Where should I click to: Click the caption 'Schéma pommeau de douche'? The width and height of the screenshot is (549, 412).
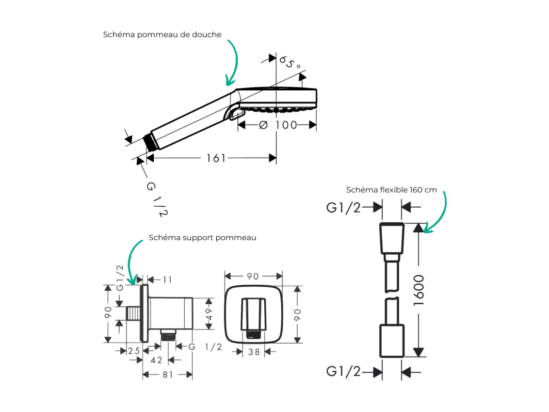click(x=162, y=34)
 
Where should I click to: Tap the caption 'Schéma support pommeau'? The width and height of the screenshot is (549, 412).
click(x=202, y=238)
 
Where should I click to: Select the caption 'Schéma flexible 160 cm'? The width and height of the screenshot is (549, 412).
click(x=391, y=190)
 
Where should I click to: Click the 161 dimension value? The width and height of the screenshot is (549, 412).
click(x=216, y=158)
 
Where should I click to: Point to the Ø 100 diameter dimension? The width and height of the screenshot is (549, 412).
click(x=278, y=125)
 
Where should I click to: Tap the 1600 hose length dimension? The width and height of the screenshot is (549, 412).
click(x=419, y=290)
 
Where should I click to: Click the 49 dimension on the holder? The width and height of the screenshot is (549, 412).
click(x=209, y=314)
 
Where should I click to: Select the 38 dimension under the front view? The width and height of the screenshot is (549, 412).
click(x=254, y=352)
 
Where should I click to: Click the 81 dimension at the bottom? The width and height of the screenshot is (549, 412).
click(x=168, y=375)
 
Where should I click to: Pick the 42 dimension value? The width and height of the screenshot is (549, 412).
click(x=156, y=360)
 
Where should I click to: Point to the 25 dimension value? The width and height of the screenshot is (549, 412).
click(x=134, y=351)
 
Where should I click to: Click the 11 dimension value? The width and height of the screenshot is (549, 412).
click(x=167, y=280)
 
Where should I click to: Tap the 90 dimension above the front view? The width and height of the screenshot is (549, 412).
click(x=253, y=277)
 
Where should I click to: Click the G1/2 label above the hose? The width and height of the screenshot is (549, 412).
click(x=343, y=208)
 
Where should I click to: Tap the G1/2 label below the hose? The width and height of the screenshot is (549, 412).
click(x=343, y=371)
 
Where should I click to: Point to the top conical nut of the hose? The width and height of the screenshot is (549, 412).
click(x=392, y=238)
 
